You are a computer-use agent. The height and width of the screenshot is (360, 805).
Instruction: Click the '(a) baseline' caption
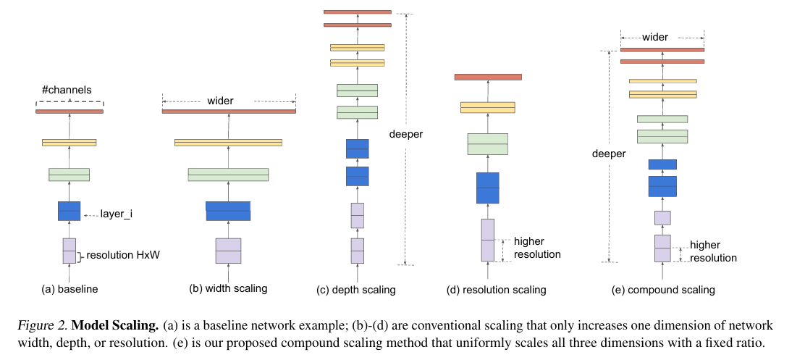tap(69, 289)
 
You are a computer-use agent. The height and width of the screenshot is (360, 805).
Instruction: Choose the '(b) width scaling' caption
tap(228, 288)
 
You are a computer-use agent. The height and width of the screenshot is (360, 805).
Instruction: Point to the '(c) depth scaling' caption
tap(356, 290)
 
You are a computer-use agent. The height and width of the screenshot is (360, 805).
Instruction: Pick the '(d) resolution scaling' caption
tap(496, 290)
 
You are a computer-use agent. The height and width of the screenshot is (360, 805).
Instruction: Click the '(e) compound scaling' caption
tap(662, 290)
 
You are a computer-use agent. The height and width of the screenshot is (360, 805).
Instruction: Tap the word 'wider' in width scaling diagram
tap(220, 101)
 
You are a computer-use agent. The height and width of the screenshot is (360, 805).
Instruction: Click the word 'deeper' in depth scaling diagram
tap(405, 134)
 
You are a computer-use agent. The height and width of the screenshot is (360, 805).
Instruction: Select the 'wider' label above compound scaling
tap(654, 37)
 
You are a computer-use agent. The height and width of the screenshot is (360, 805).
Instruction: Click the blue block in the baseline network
tap(69, 211)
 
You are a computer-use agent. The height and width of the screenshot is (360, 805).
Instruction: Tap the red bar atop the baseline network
tap(69, 112)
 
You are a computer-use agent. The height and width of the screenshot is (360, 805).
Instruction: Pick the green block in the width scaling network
tap(228, 175)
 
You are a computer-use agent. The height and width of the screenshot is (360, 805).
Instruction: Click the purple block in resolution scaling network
tap(488, 240)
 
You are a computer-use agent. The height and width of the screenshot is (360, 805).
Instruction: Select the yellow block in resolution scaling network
tap(487, 107)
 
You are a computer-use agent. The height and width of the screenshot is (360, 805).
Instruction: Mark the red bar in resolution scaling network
tap(487, 77)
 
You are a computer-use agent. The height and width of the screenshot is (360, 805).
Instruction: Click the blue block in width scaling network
tap(228, 211)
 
